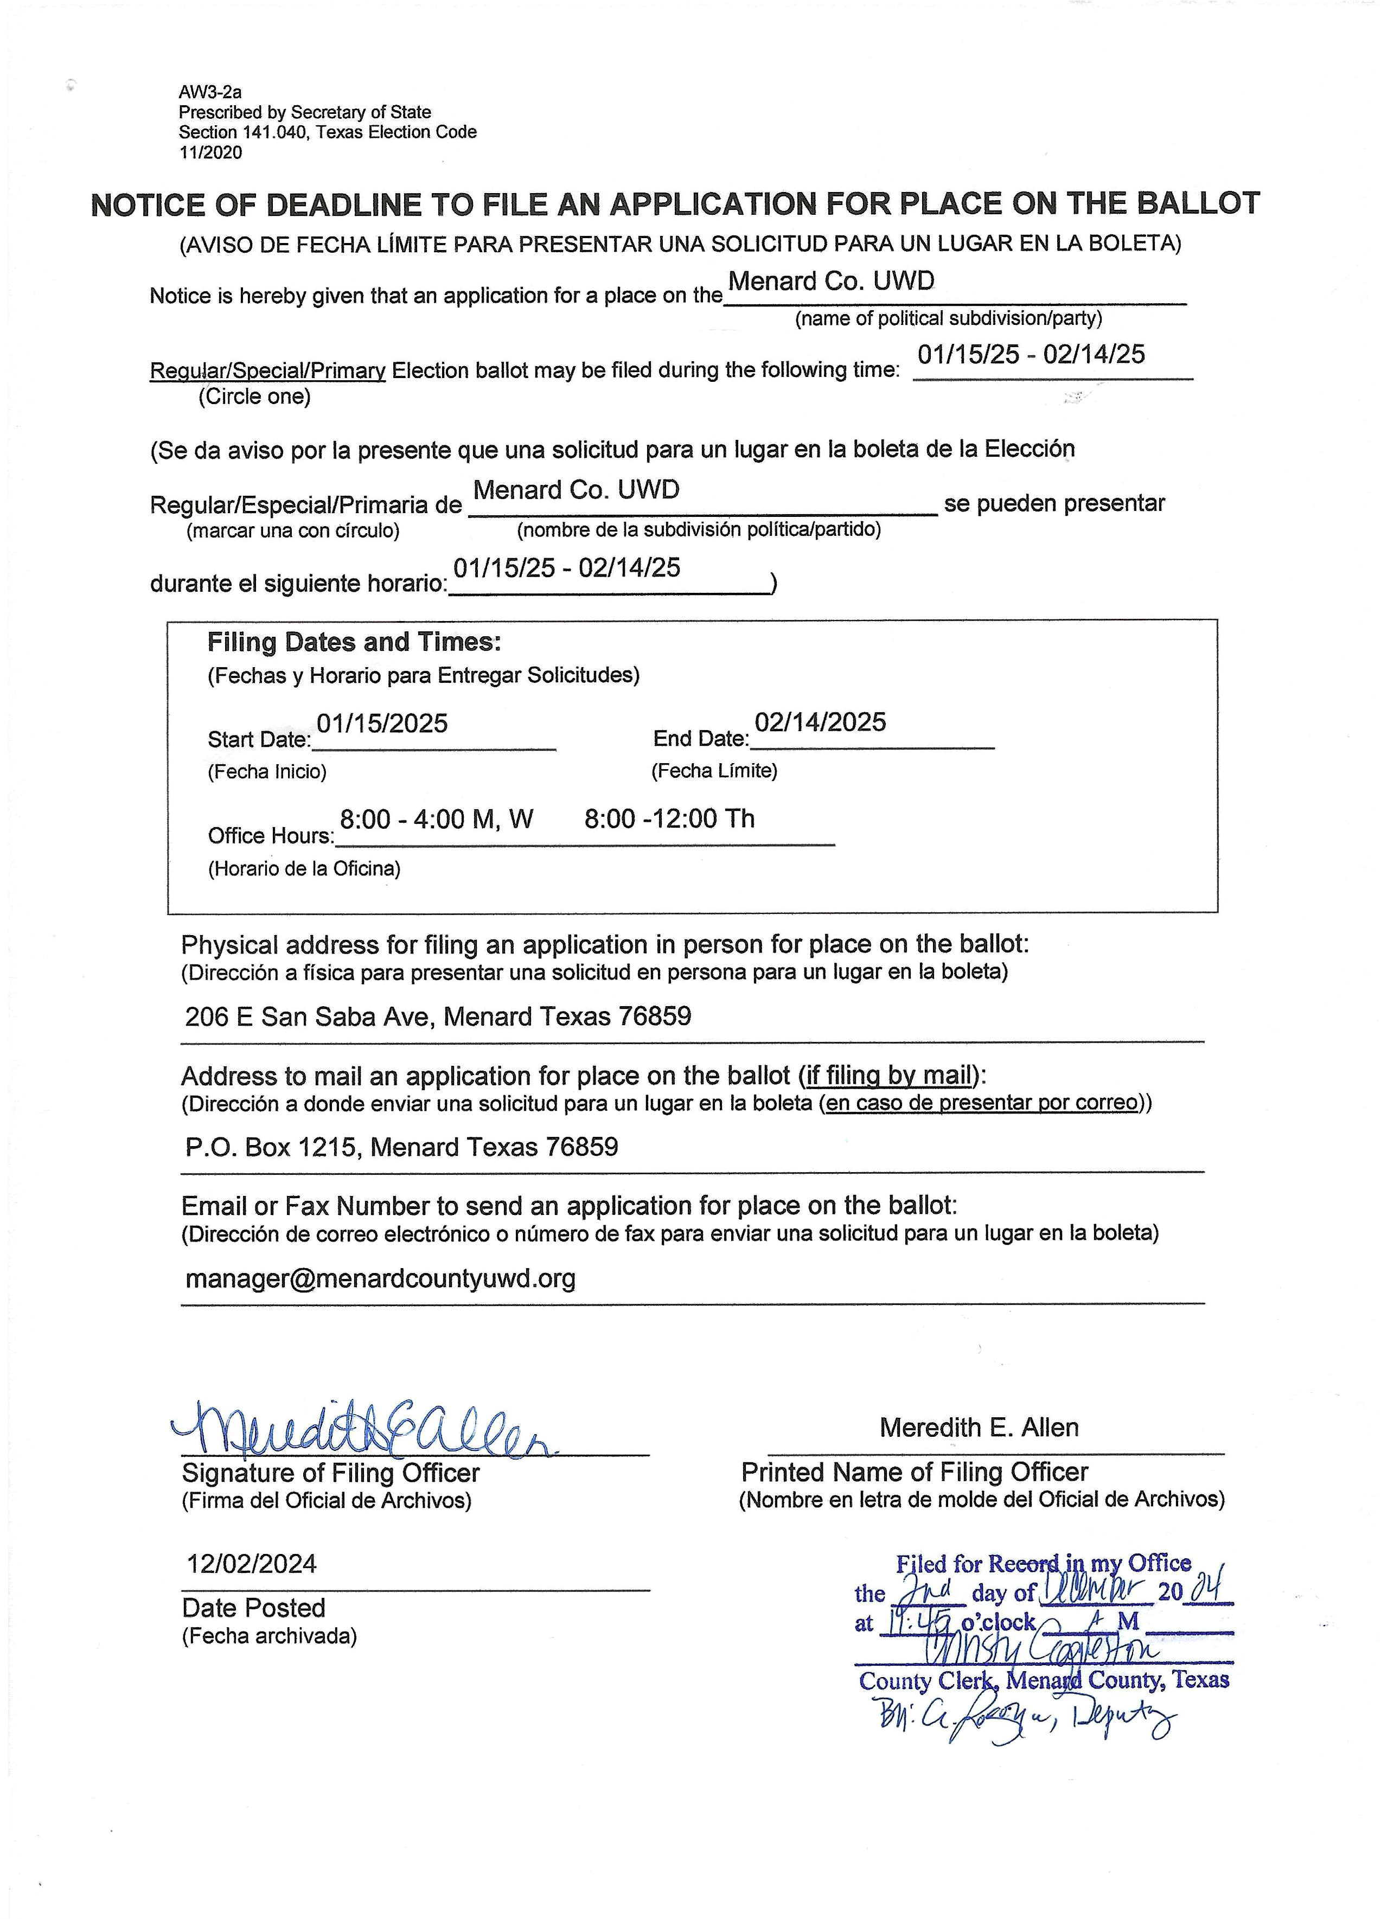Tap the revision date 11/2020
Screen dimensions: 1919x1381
210,152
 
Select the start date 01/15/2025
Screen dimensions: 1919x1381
382,724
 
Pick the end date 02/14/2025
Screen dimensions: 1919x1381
820,722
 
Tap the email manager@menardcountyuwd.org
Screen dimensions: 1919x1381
380,1278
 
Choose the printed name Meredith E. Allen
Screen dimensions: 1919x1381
979,1428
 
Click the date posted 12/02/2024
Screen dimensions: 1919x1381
251,1564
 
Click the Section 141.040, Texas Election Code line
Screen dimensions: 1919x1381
328,132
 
